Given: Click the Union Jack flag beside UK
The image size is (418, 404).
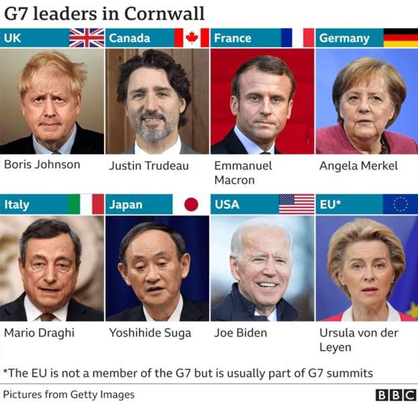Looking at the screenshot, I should click(x=87, y=38).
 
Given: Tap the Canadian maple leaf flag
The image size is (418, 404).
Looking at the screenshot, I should click(x=192, y=38).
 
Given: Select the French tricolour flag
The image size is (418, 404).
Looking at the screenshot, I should click(x=297, y=38).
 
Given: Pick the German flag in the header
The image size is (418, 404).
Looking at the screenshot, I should click(x=401, y=38).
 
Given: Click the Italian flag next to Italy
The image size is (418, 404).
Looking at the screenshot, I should click(x=86, y=204).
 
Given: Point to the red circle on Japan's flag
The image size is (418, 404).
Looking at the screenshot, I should click(x=191, y=204).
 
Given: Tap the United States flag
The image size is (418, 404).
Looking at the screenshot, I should click(x=296, y=204).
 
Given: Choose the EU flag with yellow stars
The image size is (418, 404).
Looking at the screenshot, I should click(x=400, y=204).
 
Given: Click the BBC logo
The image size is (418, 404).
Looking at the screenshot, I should click(x=395, y=395).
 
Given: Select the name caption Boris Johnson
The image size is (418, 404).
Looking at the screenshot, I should click(x=42, y=164).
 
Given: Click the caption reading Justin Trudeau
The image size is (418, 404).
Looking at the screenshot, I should click(x=148, y=166).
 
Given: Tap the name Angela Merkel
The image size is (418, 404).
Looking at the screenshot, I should click(x=358, y=166).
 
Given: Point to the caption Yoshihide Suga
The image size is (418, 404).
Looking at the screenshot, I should click(x=150, y=333).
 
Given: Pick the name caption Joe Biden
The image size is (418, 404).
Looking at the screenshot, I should click(x=240, y=333).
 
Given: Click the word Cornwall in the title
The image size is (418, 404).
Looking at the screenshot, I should click(x=165, y=14).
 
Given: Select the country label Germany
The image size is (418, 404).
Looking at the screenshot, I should click(x=344, y=38).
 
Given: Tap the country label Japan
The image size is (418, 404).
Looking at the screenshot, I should click(x=125, y=204).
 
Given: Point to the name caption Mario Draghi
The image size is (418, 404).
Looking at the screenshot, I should click(x=39, y=333).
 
